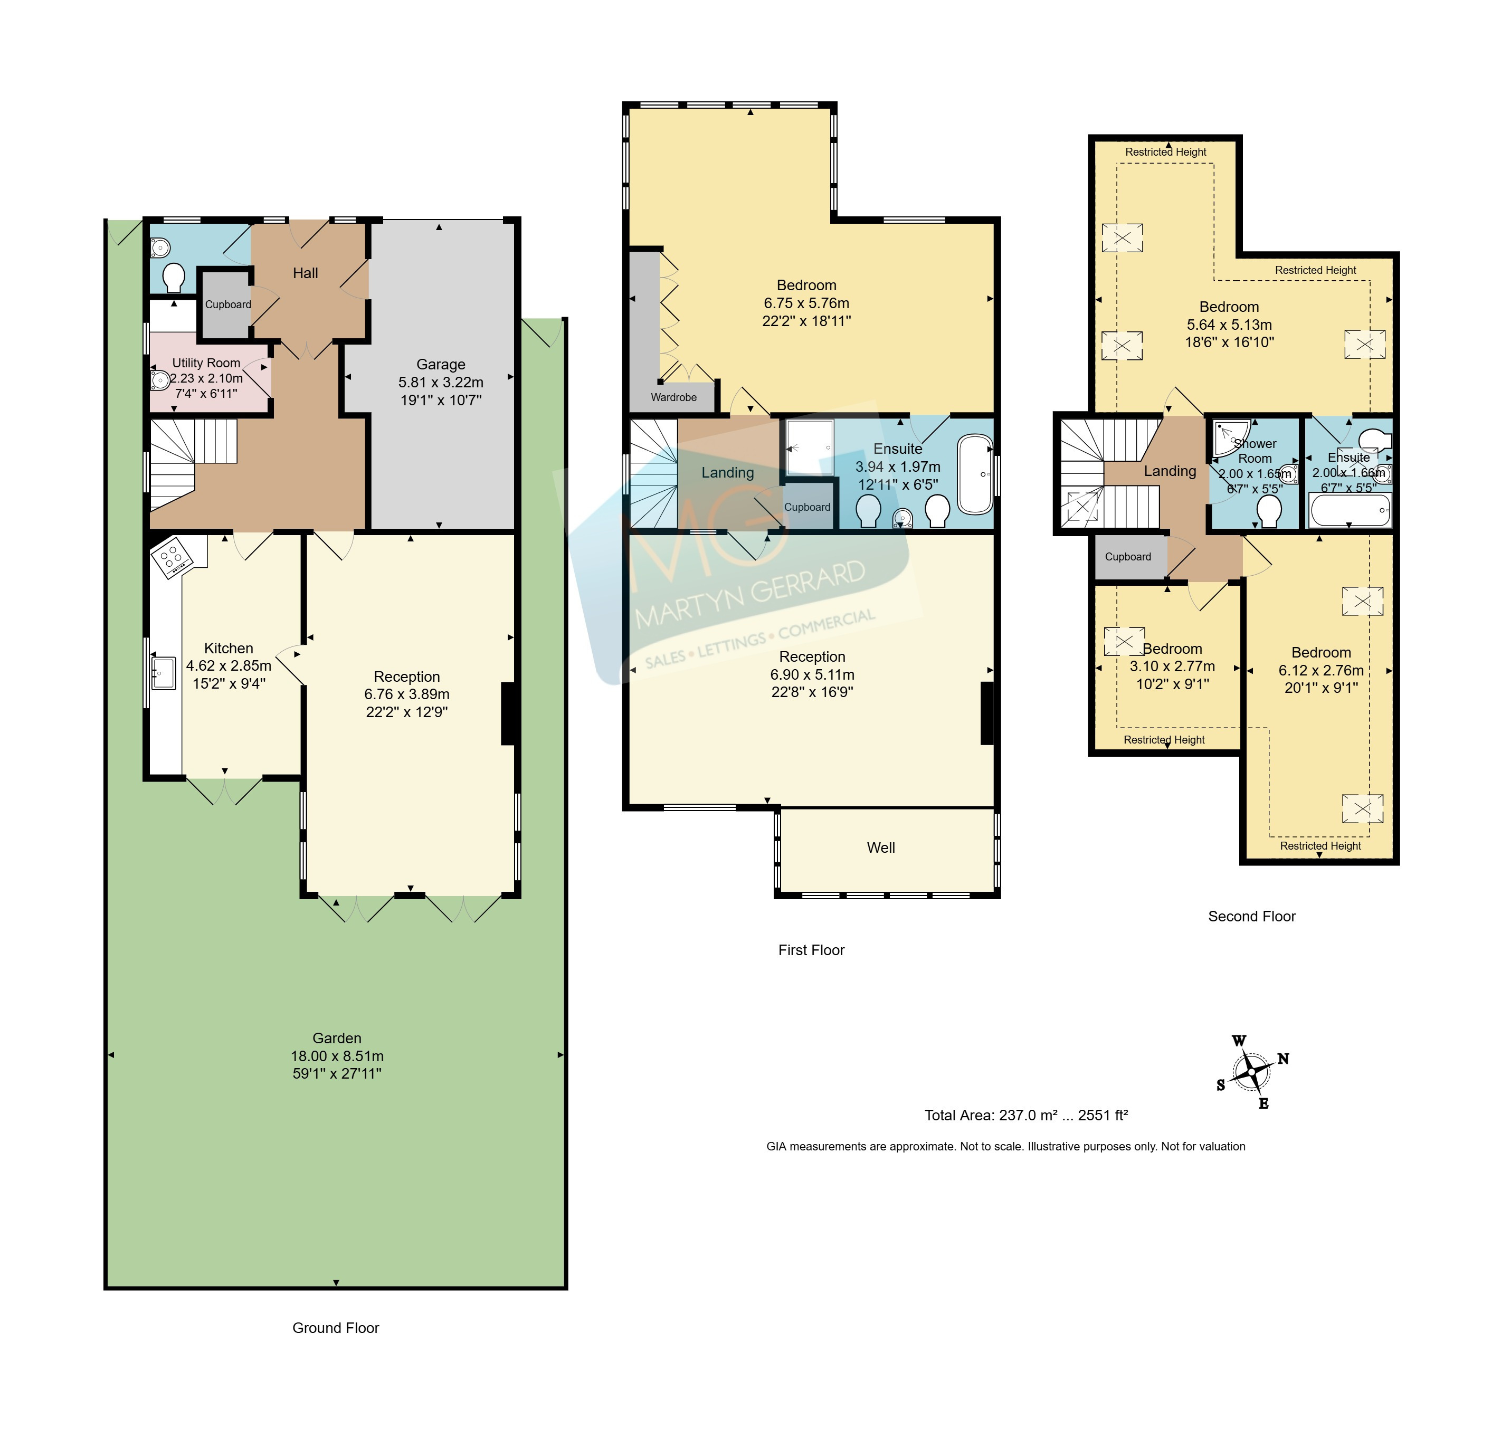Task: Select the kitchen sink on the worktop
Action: coord(163,673)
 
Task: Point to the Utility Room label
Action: coord(206,363)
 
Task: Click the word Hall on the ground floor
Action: coord(305,273)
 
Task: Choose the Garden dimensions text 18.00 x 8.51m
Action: coord(337,1056)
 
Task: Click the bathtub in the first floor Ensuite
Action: coord(975,474)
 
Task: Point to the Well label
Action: coord(881,847)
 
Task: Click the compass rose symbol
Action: coord(1252,1071)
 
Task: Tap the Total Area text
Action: coord(1026,1115)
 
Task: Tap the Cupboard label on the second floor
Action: coord(1127,557)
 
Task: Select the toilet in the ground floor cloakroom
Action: coord(174,278)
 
